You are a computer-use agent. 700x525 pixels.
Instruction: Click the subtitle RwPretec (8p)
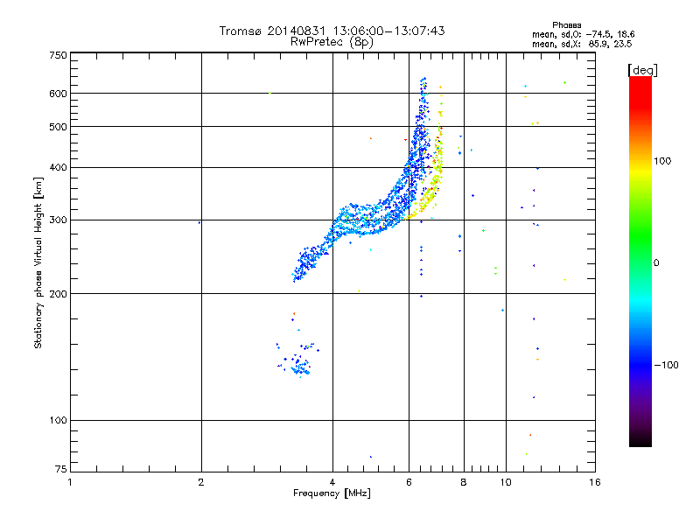point(332,41)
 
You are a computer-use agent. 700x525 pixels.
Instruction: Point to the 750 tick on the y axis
point(58,55)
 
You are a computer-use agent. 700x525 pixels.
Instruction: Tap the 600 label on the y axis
point(58,94)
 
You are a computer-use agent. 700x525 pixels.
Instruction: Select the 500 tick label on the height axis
point(58,127)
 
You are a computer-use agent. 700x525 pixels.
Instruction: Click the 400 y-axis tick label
point(58,168)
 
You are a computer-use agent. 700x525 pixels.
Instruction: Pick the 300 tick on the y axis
point(58,220)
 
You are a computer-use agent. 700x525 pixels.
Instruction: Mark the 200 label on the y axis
point(58,294)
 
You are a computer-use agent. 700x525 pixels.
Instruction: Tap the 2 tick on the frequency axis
point(201,482)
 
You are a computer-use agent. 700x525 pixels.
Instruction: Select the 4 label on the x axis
point(332,482)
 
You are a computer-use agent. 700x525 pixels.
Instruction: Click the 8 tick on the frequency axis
point(464,482)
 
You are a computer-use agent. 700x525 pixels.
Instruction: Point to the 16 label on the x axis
point(594,482)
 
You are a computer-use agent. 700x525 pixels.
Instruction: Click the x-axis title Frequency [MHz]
point(332,493)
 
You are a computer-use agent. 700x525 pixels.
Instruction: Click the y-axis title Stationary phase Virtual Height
point(38,262)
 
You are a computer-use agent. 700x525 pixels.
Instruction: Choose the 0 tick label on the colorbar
point(656,262)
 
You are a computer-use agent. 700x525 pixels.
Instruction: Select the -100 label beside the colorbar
point(665,364)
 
